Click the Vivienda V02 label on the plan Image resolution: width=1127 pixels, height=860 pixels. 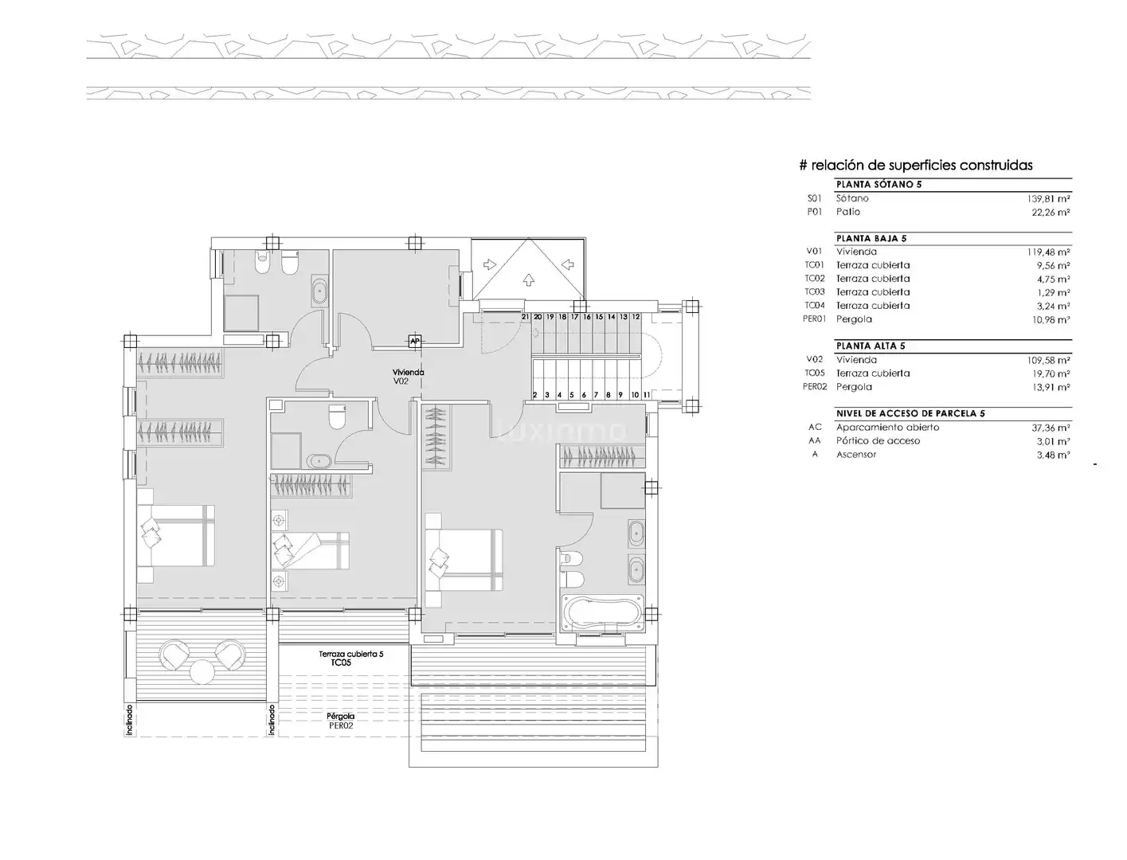pos(408,377)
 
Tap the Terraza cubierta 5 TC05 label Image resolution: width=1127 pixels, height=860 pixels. pos(350,659)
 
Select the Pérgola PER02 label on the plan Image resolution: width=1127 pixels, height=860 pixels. pos(340,721)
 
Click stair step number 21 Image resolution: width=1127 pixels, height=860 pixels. pos(525,317)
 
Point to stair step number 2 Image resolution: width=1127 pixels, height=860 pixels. pos(535,395)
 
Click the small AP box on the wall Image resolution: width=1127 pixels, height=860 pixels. pos(415,342)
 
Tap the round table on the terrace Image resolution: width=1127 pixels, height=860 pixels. pos(202,672)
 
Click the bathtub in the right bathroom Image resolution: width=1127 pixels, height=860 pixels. pos(603,612)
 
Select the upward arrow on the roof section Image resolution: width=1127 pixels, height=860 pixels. pos(528,279)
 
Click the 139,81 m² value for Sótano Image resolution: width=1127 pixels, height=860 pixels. pos(1048,198)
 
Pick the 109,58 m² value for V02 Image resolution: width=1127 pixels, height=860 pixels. pos(1048,360)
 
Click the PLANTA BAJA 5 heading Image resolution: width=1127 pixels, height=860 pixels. pos(871,238)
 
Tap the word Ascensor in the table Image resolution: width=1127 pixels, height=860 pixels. pos(856,454)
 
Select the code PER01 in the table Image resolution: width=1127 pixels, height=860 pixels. pos(814,319)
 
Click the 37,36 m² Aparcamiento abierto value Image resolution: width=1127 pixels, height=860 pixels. pos(1051,428)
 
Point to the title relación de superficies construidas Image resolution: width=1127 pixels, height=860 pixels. pos(922,165)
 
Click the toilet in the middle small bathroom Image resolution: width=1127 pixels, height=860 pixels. pos(337,416)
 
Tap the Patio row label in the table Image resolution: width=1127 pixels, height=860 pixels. pos(847,211)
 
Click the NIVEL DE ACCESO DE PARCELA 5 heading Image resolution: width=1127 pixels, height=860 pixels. pos(910,413)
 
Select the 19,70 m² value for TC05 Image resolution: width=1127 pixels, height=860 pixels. pos(1051,373)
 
